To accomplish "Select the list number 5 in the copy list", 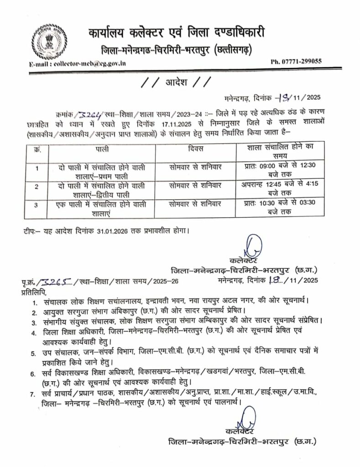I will pyautogui.click(x=33, y=353).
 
